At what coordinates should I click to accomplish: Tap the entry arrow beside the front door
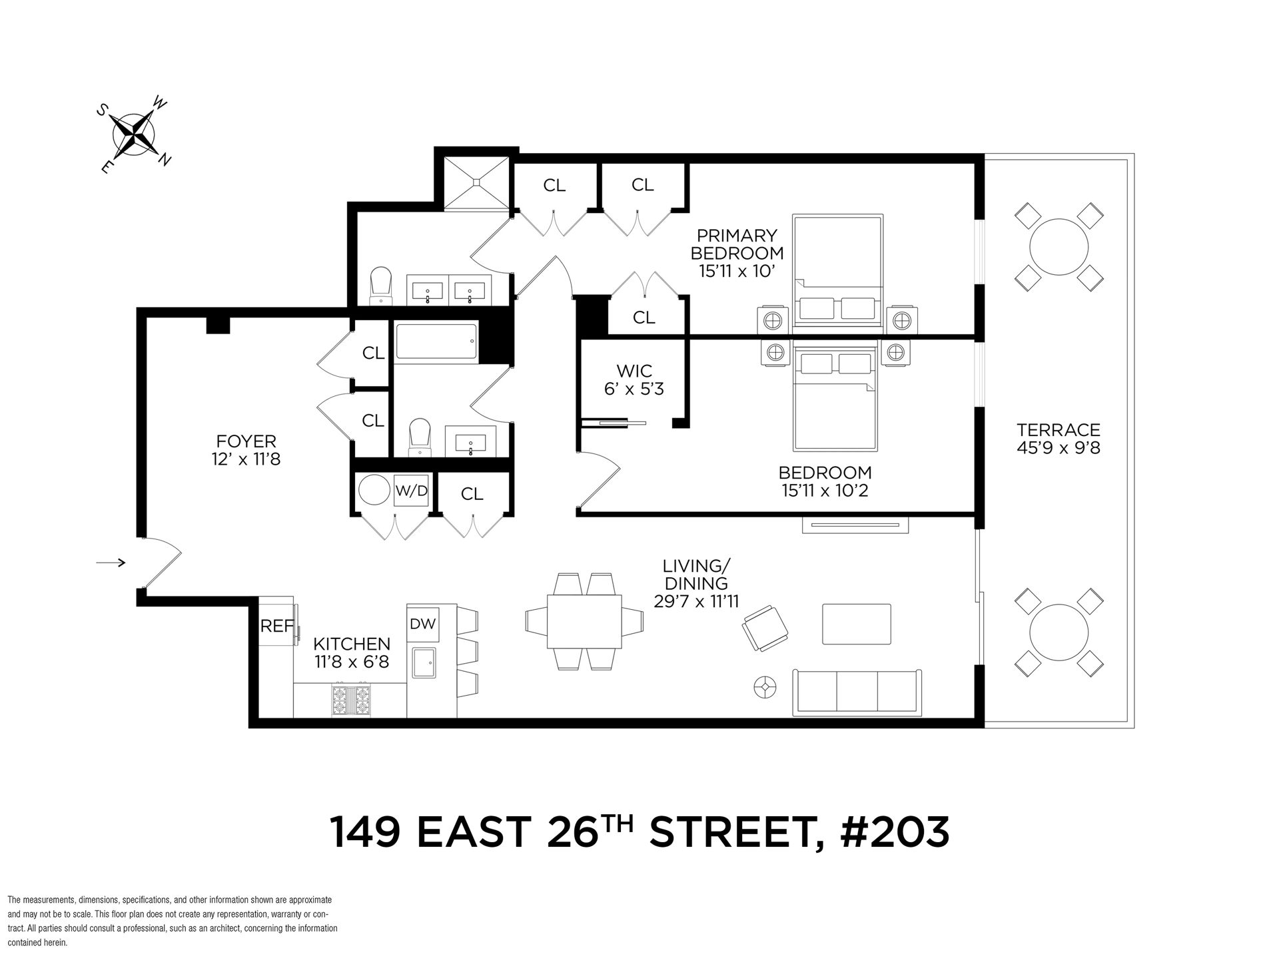tap(111, 563)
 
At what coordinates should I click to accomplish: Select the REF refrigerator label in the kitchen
tap(276, 626)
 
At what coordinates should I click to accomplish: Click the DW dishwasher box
tap(422, 624)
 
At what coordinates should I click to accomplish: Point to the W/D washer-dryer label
tap(411, 491)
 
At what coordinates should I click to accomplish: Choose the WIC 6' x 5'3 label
tap(634, 379)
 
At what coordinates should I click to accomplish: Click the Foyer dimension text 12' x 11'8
tap(246, 459)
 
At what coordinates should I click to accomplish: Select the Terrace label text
tap(1059, 430)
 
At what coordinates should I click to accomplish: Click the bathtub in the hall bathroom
tap(436, 343)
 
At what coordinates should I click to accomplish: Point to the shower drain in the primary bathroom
tap(476, 180)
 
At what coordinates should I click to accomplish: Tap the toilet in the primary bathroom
tap(381, 286)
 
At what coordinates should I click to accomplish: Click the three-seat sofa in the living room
tap(857, 692)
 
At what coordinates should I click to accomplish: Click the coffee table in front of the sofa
tap(857, 624)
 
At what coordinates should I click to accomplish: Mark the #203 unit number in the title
tap(895, 832)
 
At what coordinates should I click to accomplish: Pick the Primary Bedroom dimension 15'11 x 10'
tap(737, 272)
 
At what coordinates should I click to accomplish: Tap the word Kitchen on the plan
tap(352, 644)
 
